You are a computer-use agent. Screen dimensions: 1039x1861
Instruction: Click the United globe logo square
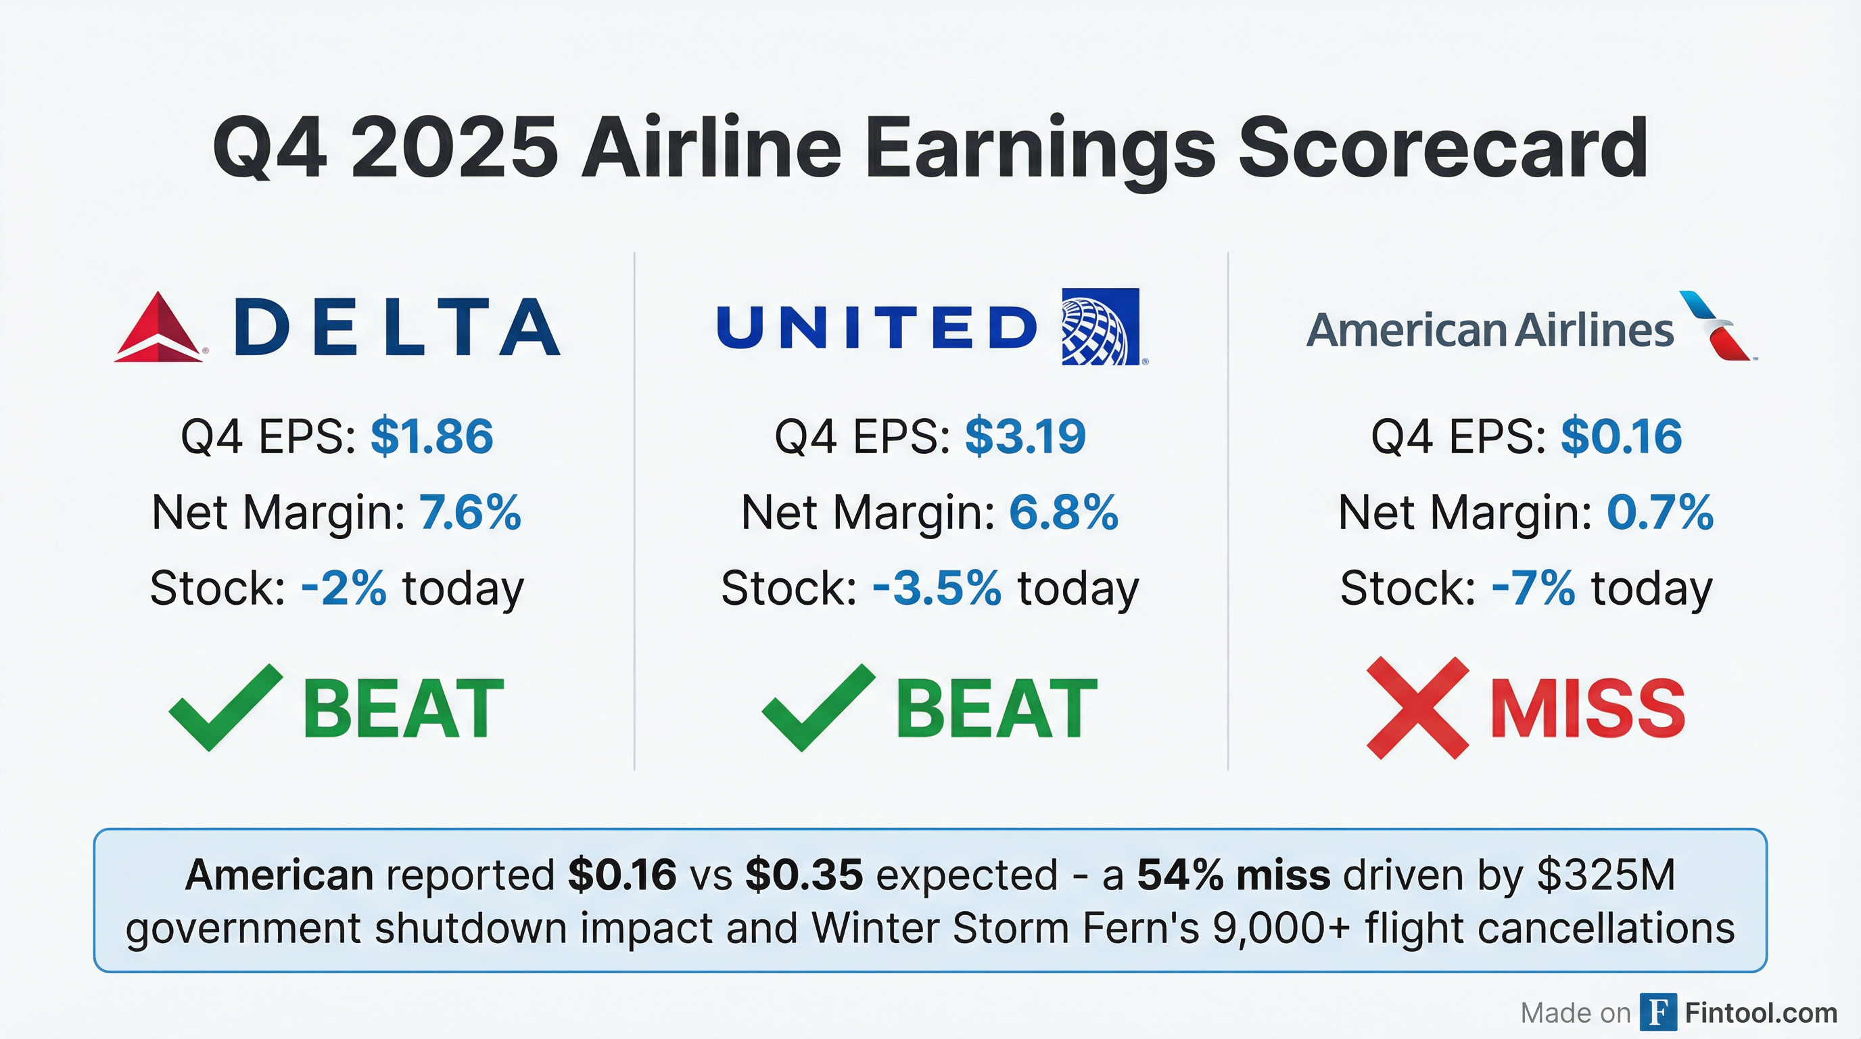tap(1100, 327)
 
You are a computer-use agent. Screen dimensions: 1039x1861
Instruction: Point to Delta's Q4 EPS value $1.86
tap(431, 436)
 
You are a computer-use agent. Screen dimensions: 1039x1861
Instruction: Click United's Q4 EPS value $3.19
tap(1025, 436)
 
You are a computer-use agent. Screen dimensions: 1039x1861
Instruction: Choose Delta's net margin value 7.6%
tap(469, 513)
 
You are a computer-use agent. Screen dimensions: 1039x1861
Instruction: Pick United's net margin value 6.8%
tap(1064, 513)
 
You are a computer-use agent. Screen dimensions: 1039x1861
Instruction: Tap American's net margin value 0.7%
tap(1659, 513)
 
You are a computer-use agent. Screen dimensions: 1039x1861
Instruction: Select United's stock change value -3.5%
tap(937, 588)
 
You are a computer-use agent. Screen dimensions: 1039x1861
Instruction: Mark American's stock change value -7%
tap(1533, 588)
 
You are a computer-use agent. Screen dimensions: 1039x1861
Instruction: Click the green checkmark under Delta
tap(225, 707)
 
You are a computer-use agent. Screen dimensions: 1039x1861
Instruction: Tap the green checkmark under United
tap(818, 707)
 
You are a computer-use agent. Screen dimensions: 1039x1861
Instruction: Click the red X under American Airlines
tap(1417, 708)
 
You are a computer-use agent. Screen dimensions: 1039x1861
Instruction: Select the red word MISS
tap(1588, 709)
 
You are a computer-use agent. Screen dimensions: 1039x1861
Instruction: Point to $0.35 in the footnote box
tap(804, 875)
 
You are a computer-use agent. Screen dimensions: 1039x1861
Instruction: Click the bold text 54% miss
tap(1233, 875)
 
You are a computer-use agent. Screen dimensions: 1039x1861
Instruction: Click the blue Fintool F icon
tap(1657, 1012)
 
